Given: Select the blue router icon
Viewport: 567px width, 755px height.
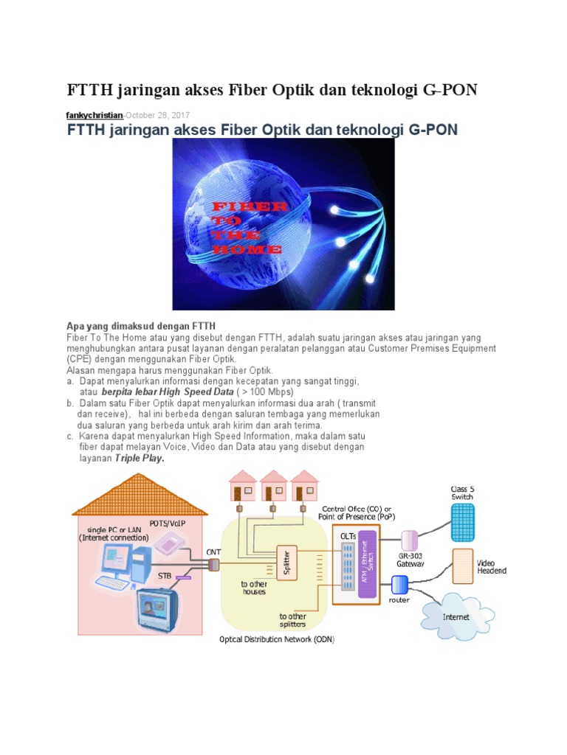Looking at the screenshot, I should coord(399,585).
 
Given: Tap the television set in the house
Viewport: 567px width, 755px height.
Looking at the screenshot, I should coord(156,613).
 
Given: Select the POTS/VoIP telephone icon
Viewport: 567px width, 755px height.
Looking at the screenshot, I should coord(169,542).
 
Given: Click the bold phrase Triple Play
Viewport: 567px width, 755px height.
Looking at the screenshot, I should coord(140,458).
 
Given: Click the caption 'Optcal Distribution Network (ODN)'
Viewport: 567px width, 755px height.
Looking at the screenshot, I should coord(278,639).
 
